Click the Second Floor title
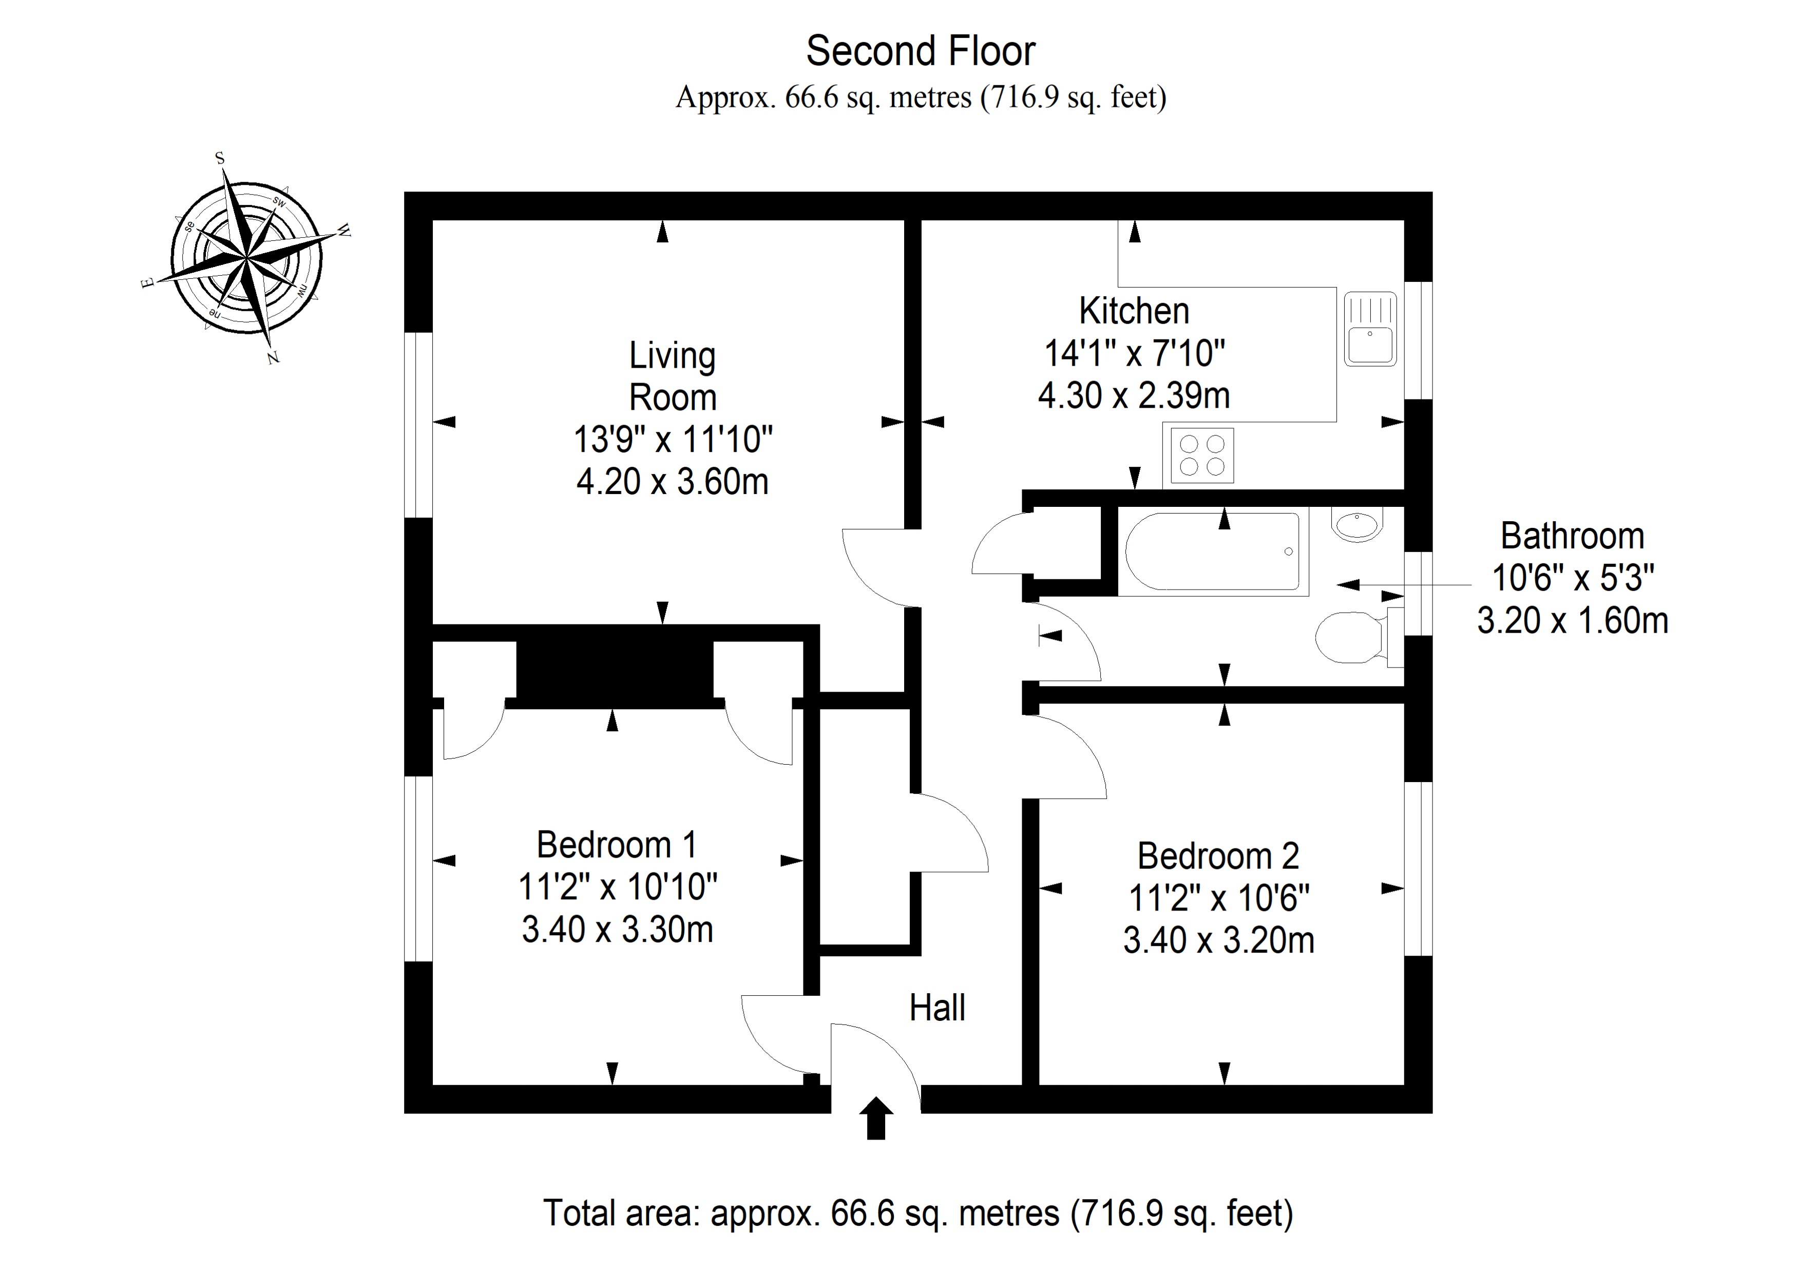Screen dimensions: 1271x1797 tap(921, 52)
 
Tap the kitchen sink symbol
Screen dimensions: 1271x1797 tap(1370, 330)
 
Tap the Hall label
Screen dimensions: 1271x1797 tap(937, 1008)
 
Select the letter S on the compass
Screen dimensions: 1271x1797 tap(220, 159)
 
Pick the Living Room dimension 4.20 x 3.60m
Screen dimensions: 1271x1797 tap(672, 481)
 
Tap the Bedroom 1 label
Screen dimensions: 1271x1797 tap(617, 844)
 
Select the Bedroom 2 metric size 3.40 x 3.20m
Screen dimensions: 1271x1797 tap(1218, 940)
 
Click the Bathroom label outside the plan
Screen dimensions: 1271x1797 tap(1572, 536)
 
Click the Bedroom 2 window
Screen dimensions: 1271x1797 tap(1418, 869)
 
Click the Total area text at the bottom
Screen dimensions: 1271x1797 tap(917, 1213)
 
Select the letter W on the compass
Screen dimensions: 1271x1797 tap(343, 231)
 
